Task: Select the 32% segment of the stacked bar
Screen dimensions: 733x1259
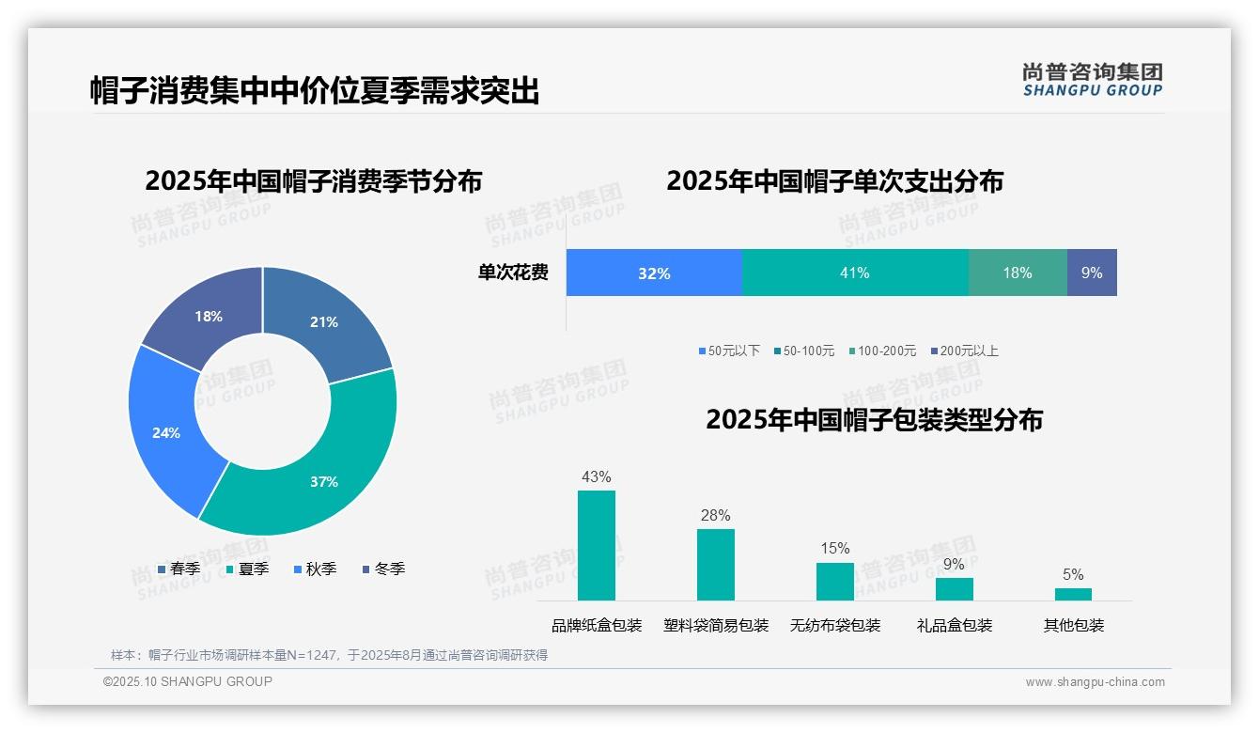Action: [x=654, y=273]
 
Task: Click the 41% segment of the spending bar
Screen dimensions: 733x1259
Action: [x=855, y=273]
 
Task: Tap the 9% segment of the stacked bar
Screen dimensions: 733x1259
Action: [x=1092, y=273]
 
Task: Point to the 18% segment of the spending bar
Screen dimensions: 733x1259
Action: [x=1018, y=273]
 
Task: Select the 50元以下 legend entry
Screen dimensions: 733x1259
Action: [x=729, y=351]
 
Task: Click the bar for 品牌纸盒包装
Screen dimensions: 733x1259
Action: [x=597, y=545]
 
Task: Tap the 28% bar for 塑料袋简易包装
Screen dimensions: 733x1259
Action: [x=716, y=565]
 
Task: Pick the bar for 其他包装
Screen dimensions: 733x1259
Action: [x=1073, y=594]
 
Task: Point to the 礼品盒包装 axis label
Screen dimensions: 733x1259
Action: [x=955, y=626]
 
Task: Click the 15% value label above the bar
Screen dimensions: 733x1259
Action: [x=835, y=549]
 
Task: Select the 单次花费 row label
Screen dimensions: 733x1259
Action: [x=513, y=273]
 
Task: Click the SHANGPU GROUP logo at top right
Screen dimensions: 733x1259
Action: [x=1092, y=80]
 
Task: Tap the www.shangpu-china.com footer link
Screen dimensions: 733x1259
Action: [x=1095, y=682]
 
